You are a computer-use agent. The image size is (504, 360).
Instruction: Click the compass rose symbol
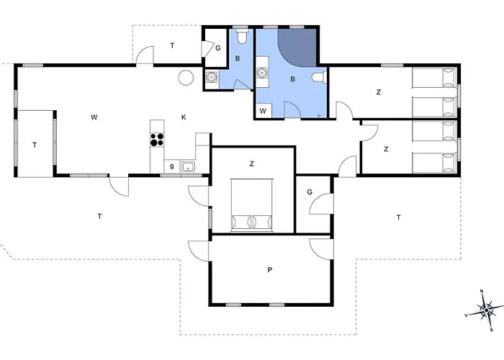tap(487, 310)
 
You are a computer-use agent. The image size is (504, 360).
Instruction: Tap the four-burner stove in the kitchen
tap(157, 140)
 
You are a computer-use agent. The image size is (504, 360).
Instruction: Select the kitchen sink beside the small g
tap(188, 167)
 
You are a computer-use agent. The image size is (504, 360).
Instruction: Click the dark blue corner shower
tap(297, 48)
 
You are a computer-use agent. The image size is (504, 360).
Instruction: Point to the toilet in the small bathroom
tap(242, 36)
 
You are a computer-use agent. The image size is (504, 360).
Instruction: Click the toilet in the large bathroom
tap(320, 77)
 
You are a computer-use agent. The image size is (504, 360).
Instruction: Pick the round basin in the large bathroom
tap(262, 73)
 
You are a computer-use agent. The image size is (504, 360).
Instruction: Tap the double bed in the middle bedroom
tap(252, 204)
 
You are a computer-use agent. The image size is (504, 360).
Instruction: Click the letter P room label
tap(270, 270)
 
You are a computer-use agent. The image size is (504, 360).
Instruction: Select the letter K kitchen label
tap(184, 117)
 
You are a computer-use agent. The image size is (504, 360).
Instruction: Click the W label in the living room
tap(94, 117)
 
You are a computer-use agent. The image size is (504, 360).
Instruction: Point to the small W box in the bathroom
tap(263, 111)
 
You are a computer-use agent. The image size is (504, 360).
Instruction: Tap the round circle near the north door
tap(186, 78)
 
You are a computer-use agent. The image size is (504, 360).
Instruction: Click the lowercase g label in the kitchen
tap(172, 166)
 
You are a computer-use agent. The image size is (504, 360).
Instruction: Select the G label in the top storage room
tap(218, 48)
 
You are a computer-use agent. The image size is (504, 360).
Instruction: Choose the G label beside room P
tap(310, 192)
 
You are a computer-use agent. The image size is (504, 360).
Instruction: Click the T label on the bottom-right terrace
tap(399, 217)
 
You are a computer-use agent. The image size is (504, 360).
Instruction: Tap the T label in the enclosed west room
tap(35, 145)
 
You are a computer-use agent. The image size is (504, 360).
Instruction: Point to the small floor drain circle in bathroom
tap(319, 115)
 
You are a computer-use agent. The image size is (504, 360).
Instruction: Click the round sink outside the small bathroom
tap(212, 77)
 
